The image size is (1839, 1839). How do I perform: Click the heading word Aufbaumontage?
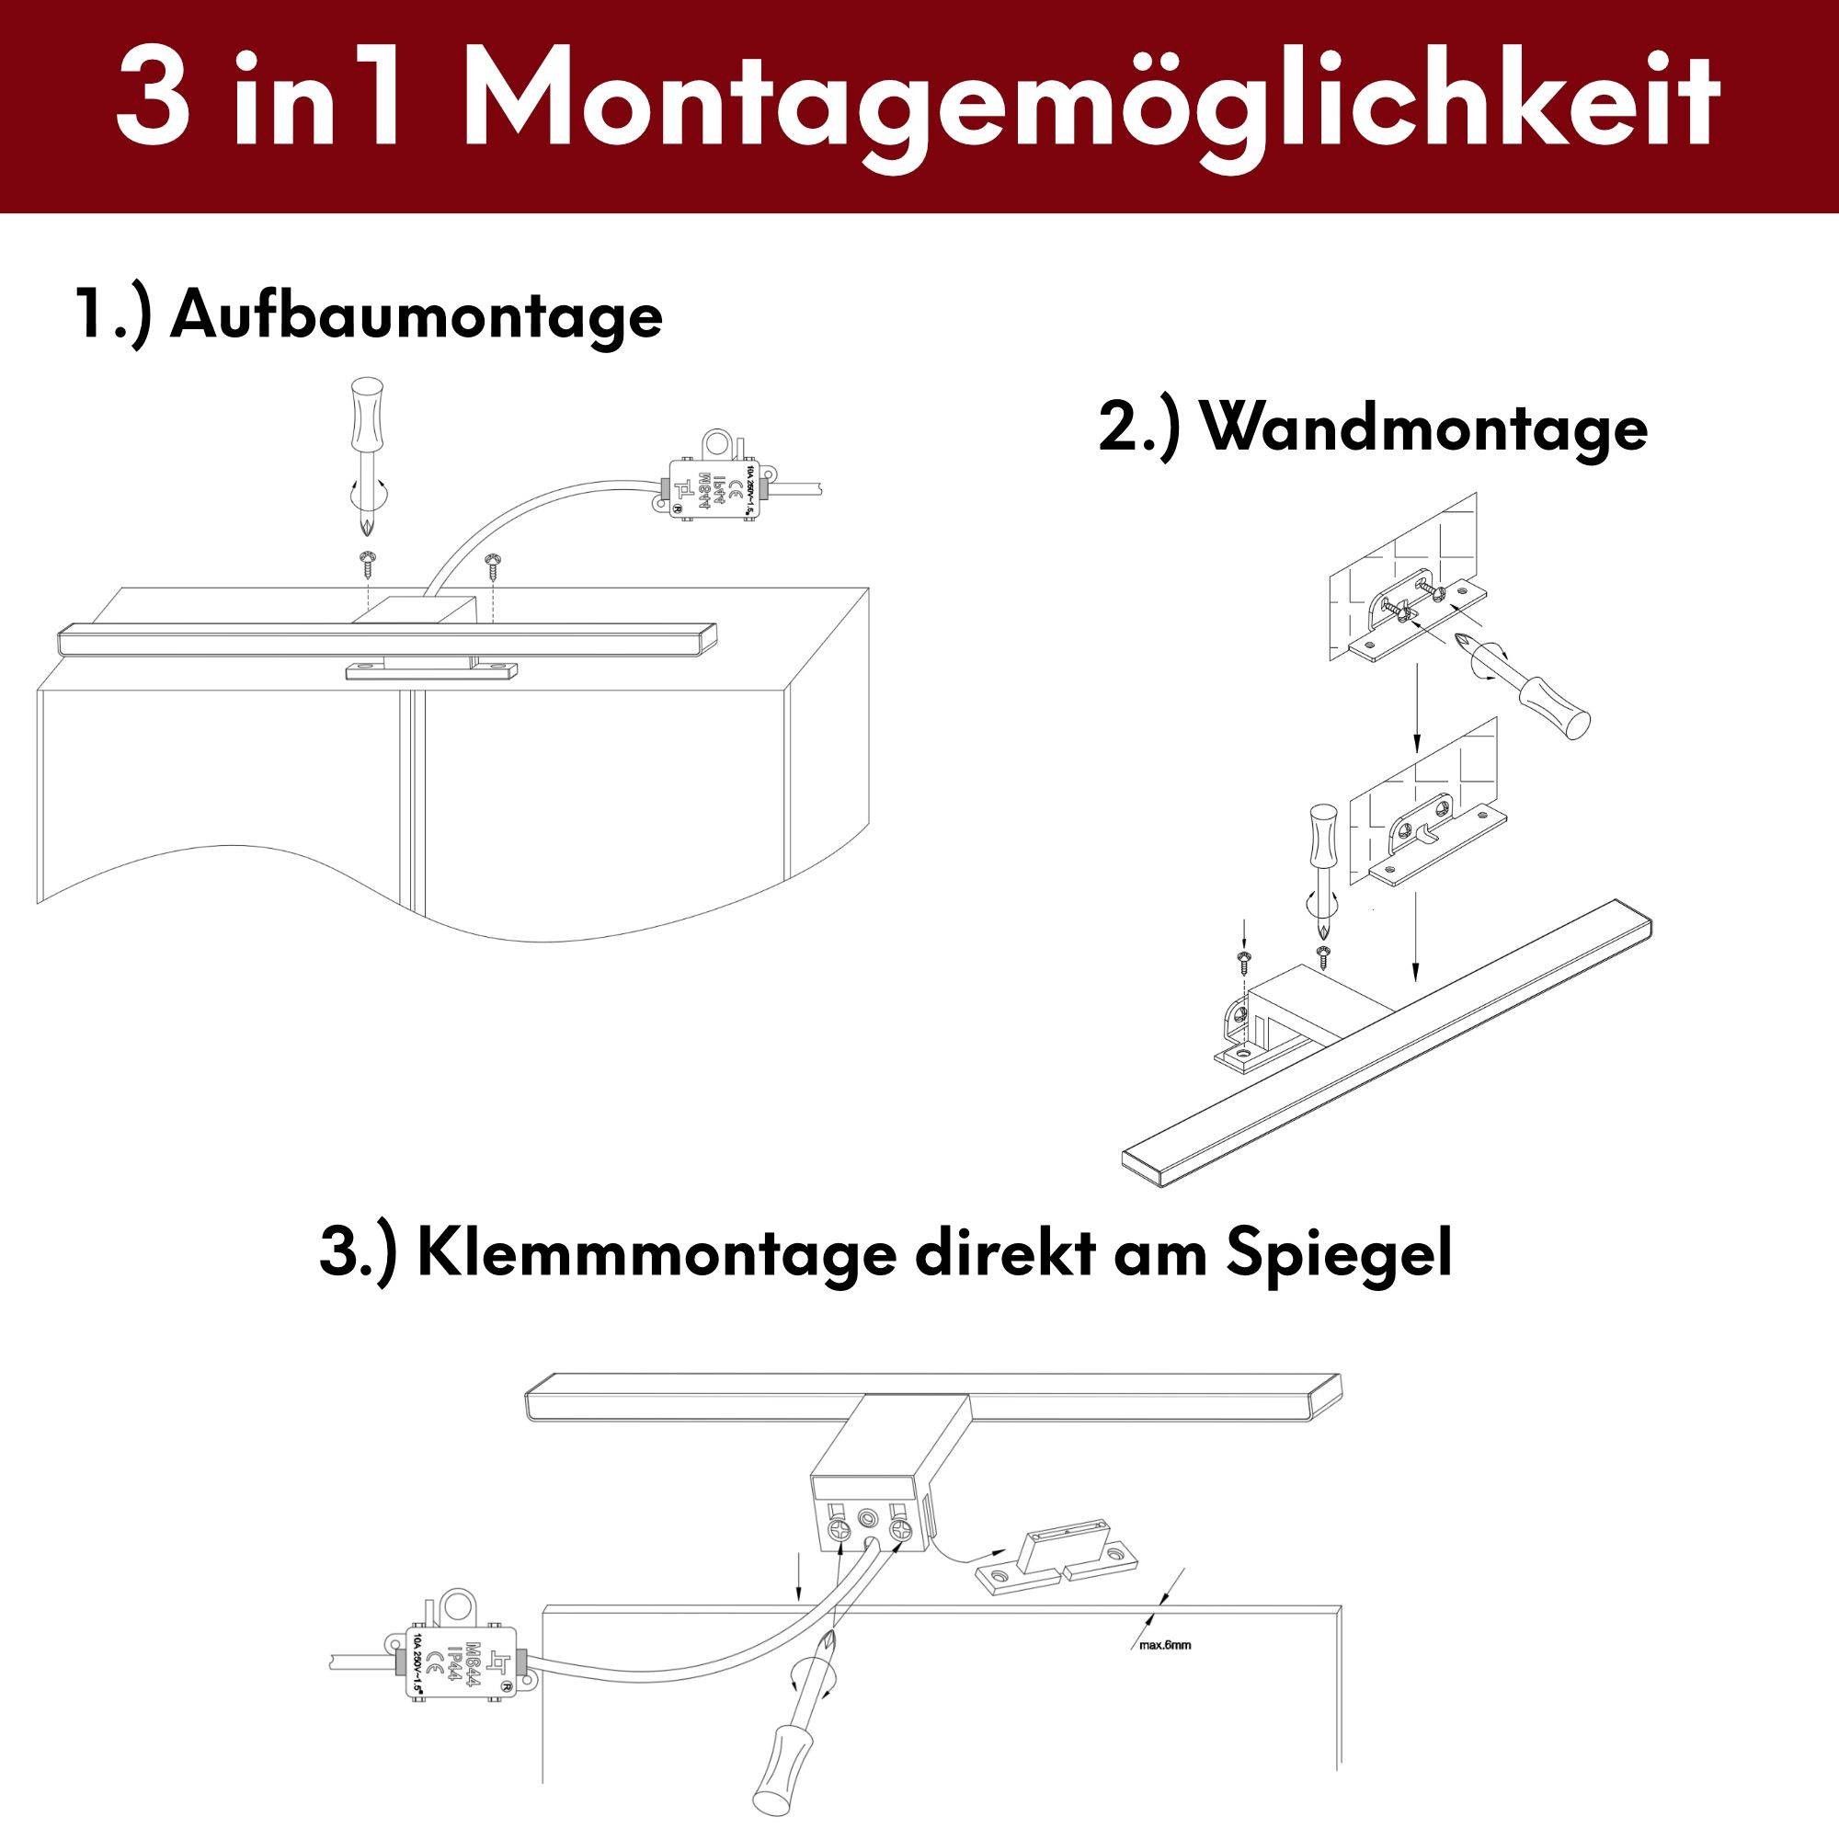416,317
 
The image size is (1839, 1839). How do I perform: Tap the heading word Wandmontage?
1425,429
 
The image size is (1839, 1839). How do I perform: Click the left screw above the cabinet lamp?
366,563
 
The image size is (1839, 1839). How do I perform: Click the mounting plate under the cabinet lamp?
430,672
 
